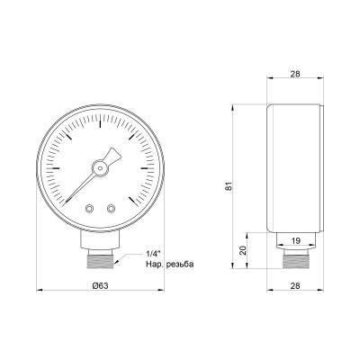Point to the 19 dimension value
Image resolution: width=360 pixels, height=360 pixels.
(296, 241)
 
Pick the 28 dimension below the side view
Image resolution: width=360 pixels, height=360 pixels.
(296, 284)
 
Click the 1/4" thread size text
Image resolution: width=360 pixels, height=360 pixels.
(155, 251)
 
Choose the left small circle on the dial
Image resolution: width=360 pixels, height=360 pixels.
(89, 208)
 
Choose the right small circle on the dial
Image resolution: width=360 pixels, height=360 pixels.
(111, 208)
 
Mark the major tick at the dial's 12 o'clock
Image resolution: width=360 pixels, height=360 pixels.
(100, 113)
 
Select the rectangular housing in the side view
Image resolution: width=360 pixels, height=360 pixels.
(296, 166)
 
